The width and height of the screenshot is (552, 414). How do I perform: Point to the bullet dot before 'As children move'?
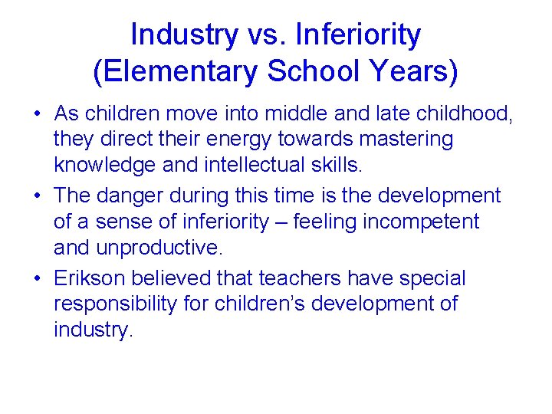point(37,114)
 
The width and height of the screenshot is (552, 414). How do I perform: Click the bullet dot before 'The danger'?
point(37,196)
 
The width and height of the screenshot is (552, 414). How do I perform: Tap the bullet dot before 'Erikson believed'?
point(37,278)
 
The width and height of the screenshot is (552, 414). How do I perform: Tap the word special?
point(435,278)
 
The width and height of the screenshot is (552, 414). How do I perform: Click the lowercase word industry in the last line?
point(92,330)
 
